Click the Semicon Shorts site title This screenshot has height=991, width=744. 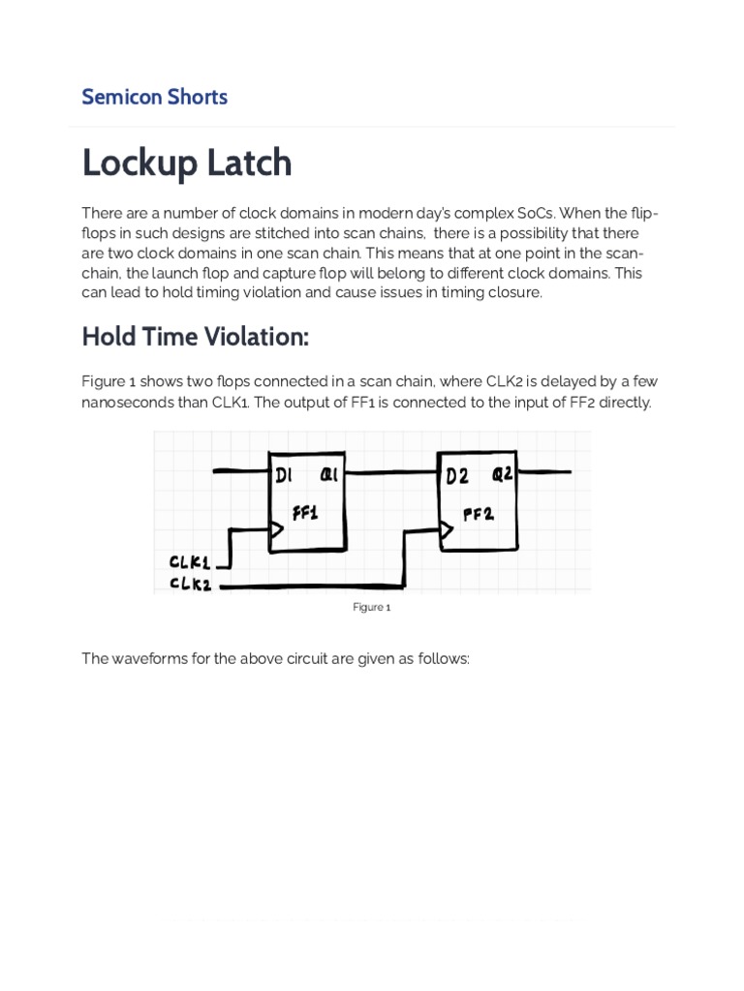[154, 97]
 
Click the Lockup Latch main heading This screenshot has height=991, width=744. [186, 163]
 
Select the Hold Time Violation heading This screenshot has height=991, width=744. [195, 337]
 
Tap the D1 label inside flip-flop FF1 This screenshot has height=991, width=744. [284, 475]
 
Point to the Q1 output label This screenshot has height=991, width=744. [328, 475]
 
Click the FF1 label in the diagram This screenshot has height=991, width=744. [304, 513]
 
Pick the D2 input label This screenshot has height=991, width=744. [457, 475]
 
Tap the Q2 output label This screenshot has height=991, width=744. [503, 474]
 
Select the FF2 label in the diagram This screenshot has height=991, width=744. [478, 514]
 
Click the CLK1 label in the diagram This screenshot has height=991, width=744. [190, 562]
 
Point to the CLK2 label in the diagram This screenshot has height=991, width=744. [190, 584]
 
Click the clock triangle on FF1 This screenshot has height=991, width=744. [276, 529]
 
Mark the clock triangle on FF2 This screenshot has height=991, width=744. [446, 529]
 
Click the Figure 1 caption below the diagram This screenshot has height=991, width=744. [371, 608]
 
